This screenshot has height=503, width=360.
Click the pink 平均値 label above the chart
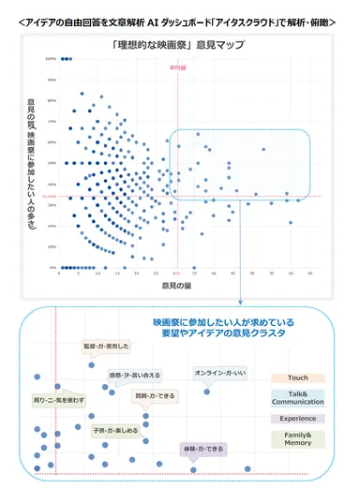pyautogui.click(x=176, y=68)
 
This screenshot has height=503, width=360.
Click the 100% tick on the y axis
pyautogui.click(x=51, y=59)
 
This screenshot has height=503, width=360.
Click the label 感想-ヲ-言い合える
pyautogui.click(x=135, y=375)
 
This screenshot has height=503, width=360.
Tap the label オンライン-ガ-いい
pyautogui.click(x=219, y=373)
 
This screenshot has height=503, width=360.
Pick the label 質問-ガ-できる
pyautogui.click(x=154, y=396)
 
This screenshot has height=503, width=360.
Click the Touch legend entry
pyautogui.click(x=297, y=377)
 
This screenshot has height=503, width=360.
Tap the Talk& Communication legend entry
pyautogui.click(x=297, y=398)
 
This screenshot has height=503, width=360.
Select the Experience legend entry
pyautogui.click(x=297, y=419)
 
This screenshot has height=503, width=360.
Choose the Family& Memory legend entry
pyautogui.click(x=297, y=439)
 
